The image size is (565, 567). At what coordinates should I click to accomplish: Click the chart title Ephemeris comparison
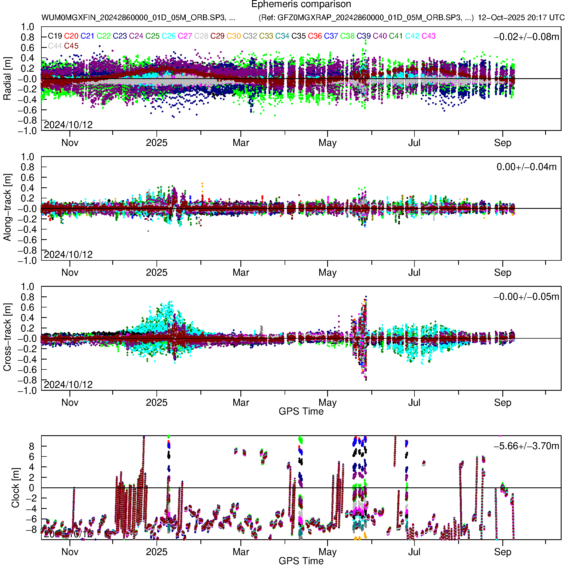tap(301, 5)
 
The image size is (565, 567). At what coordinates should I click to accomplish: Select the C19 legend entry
tap(55, 36)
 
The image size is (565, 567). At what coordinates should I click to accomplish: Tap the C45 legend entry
tap(71, 46)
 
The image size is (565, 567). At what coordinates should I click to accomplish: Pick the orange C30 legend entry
tap(234, 36)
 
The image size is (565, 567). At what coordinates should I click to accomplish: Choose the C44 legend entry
tap(55, 46)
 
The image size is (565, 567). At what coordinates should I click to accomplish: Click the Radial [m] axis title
tap(7, 79)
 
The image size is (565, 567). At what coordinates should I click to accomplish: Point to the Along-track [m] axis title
tap(7, 207)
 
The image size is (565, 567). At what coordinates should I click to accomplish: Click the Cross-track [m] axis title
tap(7, 337)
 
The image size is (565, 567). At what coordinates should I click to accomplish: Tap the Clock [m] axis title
tap(15, 488)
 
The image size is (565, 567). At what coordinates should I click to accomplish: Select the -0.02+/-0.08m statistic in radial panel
tap(526, 37)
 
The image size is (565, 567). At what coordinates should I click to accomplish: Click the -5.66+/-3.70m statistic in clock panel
tap(526, 446)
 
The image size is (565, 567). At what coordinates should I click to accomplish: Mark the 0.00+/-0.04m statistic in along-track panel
tap(526, 167)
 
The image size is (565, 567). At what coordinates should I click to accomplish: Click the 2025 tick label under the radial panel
tap(156, 143)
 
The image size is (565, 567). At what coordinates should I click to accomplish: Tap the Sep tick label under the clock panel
tap(502, 552)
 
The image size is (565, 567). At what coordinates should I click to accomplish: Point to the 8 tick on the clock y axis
tap(31, 446)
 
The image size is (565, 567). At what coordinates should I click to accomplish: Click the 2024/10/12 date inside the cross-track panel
tap(68, 385)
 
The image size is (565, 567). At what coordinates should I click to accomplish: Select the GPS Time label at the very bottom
tap(301, 561)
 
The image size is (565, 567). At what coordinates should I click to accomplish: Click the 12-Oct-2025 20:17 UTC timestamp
tap(521, 18)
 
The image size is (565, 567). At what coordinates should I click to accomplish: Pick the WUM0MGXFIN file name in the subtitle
tap(138, 18)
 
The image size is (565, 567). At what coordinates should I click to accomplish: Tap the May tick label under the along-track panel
tap(327, 273)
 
